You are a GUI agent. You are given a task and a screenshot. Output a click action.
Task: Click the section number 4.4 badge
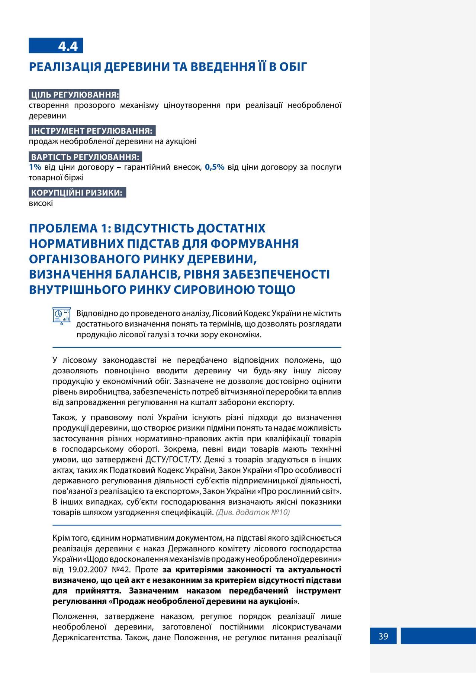click(x=56, y=46)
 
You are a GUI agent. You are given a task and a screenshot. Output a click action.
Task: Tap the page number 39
click(x=383, y=636)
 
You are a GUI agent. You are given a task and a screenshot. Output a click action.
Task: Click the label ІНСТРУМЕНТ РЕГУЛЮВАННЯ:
click(x=92, y=131)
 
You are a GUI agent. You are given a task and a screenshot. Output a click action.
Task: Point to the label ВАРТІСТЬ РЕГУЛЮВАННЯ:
click(x=85, y=157)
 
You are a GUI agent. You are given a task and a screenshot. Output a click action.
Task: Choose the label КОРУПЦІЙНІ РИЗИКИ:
click(x=77, y=193)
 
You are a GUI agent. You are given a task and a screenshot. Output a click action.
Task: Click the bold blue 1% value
click(x=35, y=167)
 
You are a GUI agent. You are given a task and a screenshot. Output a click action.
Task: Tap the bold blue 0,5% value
click(x=215, y=167)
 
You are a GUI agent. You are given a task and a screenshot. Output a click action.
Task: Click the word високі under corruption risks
click(x=41, y=203)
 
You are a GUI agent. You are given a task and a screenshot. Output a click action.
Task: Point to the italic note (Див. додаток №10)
click(x=253, y=512)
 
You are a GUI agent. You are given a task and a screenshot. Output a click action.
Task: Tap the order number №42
click(x=121, y=570)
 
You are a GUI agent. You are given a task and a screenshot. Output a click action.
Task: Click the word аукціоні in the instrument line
click(x=181, y=141)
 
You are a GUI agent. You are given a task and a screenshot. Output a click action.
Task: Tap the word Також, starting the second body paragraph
click(x=64, y=417)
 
